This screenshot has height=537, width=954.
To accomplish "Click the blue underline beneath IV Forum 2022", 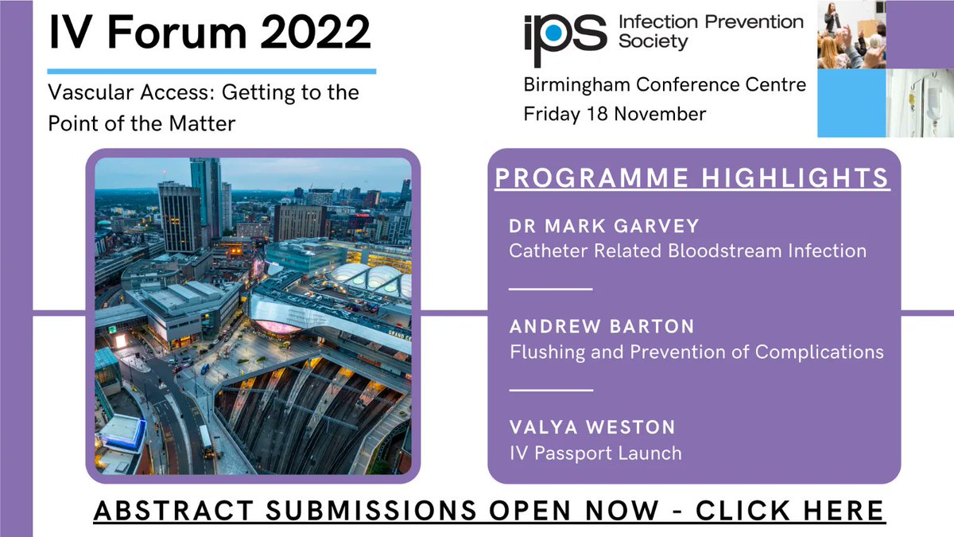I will point(211,71).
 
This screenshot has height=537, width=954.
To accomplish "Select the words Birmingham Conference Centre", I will point(665,84).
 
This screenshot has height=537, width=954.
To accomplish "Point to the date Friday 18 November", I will point(615,114).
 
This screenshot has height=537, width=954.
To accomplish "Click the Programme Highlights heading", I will point(692,177).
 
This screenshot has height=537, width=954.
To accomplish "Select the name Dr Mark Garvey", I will point(604,227).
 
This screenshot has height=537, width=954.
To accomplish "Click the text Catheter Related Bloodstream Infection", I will point(688,251).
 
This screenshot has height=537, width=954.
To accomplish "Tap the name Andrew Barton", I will point(602,326).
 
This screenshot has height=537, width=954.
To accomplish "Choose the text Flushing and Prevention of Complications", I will point(696,351).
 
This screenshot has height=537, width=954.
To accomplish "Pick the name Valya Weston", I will point(592,428).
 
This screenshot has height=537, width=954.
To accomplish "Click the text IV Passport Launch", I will point(595,453).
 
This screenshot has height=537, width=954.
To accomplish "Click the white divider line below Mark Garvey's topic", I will point(550,289).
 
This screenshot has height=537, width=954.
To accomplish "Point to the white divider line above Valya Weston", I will point(550,390).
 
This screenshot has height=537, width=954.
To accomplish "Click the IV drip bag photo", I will point(920,103).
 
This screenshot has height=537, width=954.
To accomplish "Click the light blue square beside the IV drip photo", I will point(851,103).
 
